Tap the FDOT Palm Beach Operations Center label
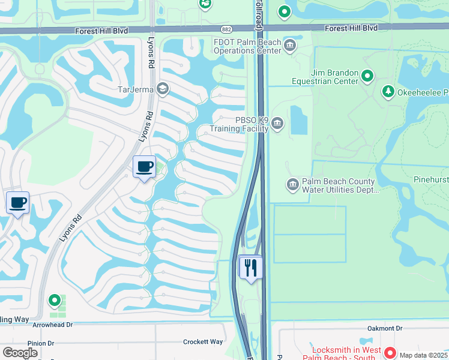tap(247, 46)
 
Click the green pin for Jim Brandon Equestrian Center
tap(367, 76)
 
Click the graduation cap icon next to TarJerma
tap(162, 90)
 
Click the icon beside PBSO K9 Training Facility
tap(277, 124)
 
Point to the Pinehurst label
tap(431, 179)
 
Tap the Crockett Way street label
tap(203, 342)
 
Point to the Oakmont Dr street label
tap(388, 328)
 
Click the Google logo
tap(20, 352)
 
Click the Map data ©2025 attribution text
tap(423, 355)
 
